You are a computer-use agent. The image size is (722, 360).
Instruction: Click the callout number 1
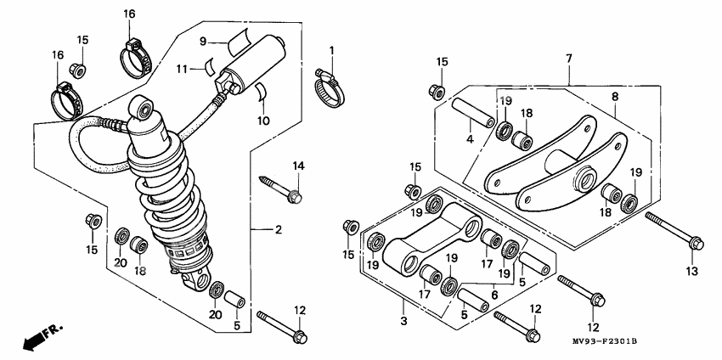pyautogui.click(x=332, y=50)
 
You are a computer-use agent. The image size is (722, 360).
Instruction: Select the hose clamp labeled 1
pyautogui.click(x=330, y=82)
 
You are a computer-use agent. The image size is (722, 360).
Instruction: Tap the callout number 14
pyautogui.click(x=298, y=165)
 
